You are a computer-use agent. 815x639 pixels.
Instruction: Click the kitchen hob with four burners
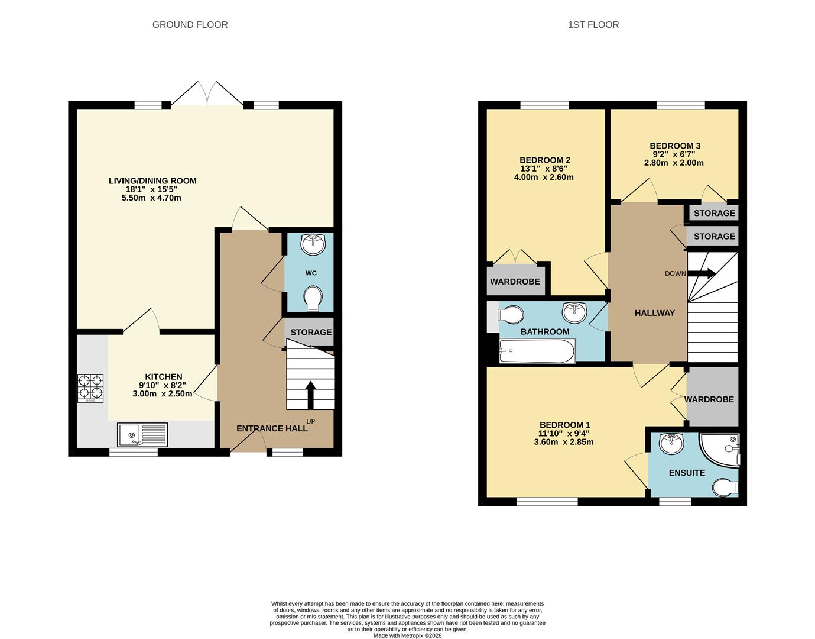coord(90,388)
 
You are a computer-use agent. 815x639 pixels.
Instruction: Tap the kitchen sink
coord(142,435)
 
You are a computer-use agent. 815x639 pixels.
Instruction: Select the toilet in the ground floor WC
coord(311,298)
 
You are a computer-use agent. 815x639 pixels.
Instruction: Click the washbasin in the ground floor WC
coord(312,244)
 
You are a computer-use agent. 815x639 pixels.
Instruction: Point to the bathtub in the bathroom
coord(537,351)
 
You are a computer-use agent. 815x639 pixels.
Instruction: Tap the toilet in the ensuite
coord(725,488)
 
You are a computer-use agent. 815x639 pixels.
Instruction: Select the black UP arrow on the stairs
coord(310,393)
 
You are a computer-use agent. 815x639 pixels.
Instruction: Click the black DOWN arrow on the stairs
coord(702,273)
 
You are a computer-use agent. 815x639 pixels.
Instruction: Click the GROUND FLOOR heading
coord(190,25)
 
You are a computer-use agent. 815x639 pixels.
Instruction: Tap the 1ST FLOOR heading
coord(593,25)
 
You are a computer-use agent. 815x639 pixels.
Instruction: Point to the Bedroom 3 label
coord(675,146)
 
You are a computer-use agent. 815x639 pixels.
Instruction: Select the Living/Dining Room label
coord(152,181)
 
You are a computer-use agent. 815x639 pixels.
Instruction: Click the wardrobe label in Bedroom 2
coord(515,282)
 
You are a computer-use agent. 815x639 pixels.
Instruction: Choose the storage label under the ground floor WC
coord(311,333)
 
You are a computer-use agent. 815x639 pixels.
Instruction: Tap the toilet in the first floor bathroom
coord(511,313)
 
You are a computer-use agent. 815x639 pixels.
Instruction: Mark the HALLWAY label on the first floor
coord(654,313)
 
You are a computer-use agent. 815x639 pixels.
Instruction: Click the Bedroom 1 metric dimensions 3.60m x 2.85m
coord(564,442)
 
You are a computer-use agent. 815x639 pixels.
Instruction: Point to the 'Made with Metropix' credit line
coord(407,635)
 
